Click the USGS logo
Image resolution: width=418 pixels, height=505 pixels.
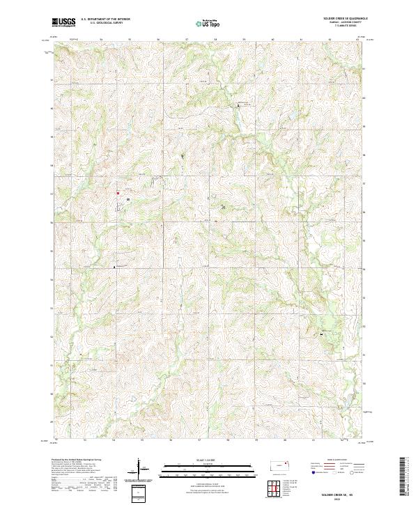point(63,22)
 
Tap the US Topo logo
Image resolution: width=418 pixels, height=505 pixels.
point(209,22)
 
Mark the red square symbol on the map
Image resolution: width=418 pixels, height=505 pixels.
point(118,193)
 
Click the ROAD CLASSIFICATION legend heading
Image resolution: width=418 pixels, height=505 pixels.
point(339,461)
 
